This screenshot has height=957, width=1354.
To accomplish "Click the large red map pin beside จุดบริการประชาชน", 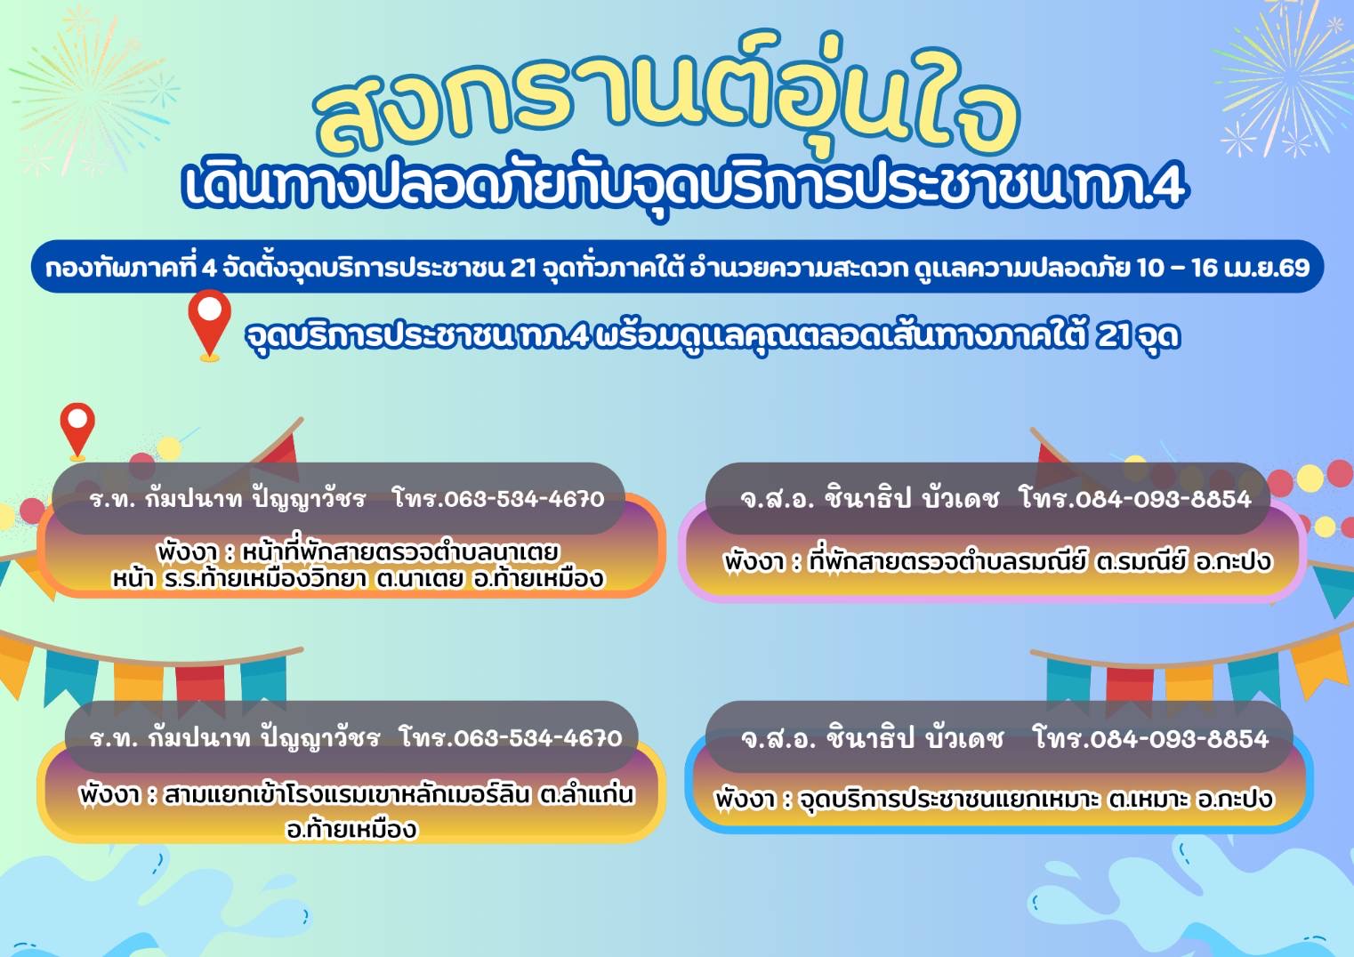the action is tap(209, 325).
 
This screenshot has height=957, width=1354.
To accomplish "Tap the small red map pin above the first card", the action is tap(77, 431).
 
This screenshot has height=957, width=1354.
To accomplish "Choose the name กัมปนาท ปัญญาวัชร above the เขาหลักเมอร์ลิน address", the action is tap(263, 738).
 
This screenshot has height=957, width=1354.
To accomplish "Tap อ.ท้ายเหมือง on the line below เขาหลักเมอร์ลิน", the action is tap(351, 830).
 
